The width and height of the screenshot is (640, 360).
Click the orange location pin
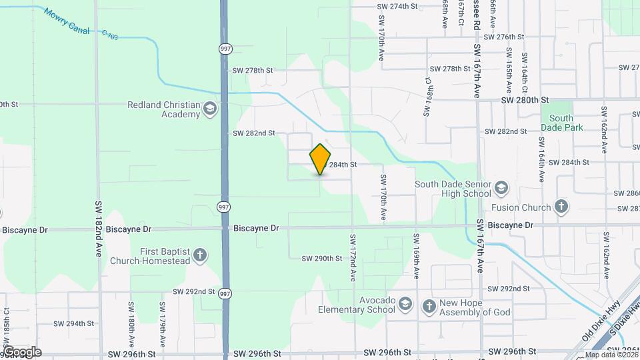(x=321, y=160)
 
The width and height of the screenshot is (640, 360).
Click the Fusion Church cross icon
(x=561, y=207)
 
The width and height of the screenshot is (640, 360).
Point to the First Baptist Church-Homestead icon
(x=199, y=255)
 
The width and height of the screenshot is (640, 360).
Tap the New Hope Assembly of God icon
(x=429, y=305)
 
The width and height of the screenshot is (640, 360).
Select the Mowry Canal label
(x=71, y=23)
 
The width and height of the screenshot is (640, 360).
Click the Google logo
(x=21, y=351)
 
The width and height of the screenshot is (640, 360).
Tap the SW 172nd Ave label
(x=352, y=256)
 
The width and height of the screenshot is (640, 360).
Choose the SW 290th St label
(x=321, y=258)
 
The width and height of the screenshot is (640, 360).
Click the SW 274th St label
(x=397, y=6)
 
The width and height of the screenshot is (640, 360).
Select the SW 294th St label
(x=73, y=323)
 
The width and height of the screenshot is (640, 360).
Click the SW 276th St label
(x=505, y=37)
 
